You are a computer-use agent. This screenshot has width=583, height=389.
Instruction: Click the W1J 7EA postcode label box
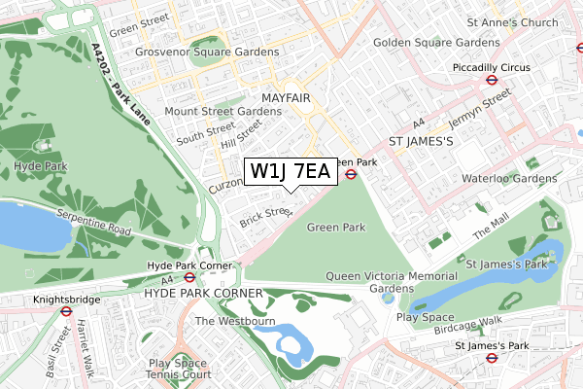[291, 172]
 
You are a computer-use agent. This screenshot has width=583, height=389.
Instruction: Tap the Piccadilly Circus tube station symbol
[493, 82]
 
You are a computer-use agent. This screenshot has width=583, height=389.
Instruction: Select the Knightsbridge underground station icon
[66, 312]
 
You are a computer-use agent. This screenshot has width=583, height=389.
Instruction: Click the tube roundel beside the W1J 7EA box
[351, 175]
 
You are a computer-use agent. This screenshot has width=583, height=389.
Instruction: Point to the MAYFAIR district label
[286, 99]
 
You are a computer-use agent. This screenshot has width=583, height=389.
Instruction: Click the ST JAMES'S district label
[422, 142]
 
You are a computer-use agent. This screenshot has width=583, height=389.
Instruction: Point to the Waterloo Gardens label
[509, 178]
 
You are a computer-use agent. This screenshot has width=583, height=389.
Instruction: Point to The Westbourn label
[236, 321]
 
